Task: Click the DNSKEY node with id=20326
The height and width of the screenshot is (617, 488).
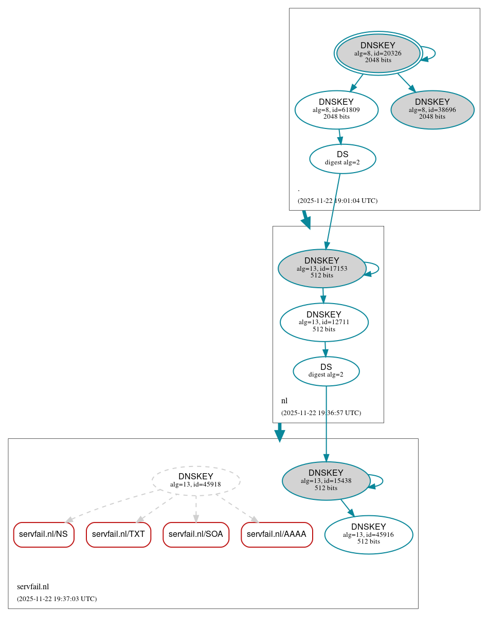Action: (x=378, y=53)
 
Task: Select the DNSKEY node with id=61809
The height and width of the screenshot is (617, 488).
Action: (x=336, y=109)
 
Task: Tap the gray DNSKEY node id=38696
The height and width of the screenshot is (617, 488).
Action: (x=432, y=109)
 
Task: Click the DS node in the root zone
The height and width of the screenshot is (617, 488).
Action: (x=342, y=158)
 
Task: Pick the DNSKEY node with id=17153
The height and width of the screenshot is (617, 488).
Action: (x=322, y=268)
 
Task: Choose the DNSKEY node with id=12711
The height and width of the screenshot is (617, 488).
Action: (x=324, y=322)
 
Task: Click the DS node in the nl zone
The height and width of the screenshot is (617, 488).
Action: (x=326, y=370)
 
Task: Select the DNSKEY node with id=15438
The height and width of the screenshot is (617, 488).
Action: (x=326, y=480)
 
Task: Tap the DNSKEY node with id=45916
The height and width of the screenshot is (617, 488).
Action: (x=369, y=534)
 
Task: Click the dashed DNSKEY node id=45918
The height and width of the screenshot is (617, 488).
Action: (x=196, y=480)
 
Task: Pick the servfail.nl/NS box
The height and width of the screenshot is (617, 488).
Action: (x=44, y=534)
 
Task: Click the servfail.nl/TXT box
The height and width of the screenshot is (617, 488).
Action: (x=118, y=534)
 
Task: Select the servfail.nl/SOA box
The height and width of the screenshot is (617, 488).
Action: (x=195, y=534)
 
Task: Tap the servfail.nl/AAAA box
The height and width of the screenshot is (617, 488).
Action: (x=277, y=534)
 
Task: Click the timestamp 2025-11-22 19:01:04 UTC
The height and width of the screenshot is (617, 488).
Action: (x=337, y=201)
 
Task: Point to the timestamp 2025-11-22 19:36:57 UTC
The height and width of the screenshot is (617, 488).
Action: (x=321, y=413)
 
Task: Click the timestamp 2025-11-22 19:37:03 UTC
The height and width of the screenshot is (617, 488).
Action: (x=57, y=599)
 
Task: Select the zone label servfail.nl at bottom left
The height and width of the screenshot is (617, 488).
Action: (x=33, y=587)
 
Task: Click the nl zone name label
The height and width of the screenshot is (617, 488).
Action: (x=284, y=401)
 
